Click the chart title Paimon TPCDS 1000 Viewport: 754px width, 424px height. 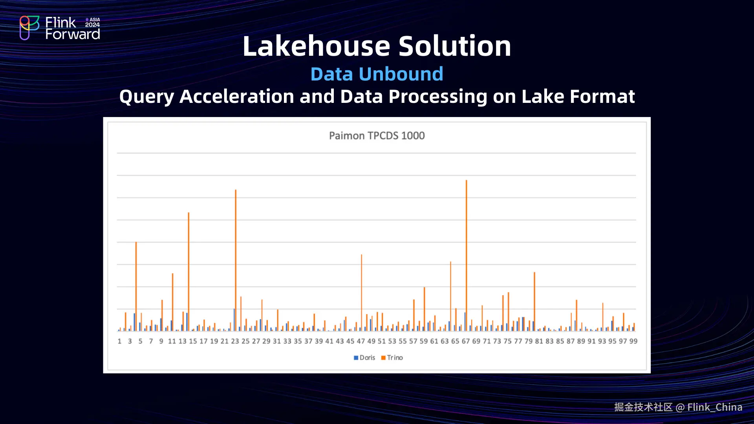pos(377,136)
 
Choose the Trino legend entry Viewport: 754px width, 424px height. pos(392,358)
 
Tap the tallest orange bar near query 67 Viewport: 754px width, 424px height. pos(466,255)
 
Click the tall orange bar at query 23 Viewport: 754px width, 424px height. pos(236,260)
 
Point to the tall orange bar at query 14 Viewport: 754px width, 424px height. pos(188,272)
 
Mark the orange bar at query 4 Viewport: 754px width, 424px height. pos(136,286)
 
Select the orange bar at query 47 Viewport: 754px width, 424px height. pos(361,292)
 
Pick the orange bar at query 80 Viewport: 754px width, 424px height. pos(534,302)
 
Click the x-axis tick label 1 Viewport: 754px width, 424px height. pos(119,342)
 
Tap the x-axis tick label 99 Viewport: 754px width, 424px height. pos(633,342)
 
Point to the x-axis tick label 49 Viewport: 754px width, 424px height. pos(371,342)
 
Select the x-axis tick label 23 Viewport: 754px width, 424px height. pos(235,342)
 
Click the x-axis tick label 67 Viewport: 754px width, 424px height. pos(466,342)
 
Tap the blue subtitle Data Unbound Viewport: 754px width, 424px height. pos(377,74)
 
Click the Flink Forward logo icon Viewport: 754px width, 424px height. pos(29,28)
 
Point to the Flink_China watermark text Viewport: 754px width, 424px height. pos(715,407)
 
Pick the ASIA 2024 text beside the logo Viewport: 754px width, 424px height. pos(93,22)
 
